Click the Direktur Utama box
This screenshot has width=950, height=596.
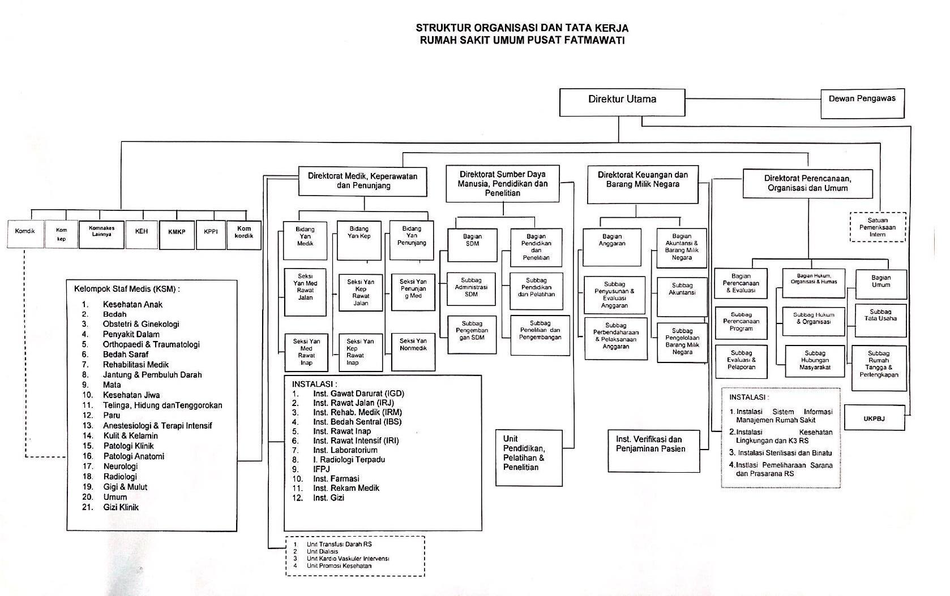point(622,102)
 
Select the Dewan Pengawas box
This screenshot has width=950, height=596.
point(862,103)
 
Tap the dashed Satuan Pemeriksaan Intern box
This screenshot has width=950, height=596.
point(878,227)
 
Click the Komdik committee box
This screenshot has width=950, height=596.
point(25,234)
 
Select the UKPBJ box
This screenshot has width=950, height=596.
point(874,419)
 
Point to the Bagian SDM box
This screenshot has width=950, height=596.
point(472,244)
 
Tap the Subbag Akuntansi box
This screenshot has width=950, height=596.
point(682,296)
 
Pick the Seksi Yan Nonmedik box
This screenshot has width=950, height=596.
point(413,351)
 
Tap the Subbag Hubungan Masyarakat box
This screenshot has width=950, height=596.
point(815,361)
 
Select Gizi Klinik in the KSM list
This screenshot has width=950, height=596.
point(121,507)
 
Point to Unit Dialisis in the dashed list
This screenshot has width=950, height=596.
point(322,551)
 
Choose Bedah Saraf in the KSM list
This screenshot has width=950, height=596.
point(125,355)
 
